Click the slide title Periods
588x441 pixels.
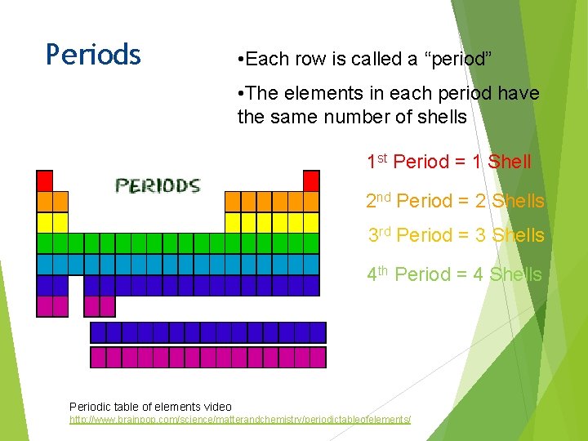click(93, 55)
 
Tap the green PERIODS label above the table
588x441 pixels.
click(158, 185)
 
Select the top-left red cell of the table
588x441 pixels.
click(45, 180)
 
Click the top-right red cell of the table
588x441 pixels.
click(311, 180)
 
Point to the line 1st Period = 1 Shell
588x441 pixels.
click(449, 162)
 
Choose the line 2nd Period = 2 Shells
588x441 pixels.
click(456, 201)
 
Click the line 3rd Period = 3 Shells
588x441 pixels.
click(456, 235)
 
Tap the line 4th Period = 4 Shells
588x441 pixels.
click(454, 274)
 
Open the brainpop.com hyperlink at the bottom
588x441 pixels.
click(240, 419)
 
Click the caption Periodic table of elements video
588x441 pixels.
click(150, 407)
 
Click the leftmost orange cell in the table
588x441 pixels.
click(45, 201)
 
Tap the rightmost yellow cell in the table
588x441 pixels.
click(311, 222)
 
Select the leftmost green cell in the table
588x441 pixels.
click(45, 243)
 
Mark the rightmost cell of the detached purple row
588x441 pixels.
click(318, 332)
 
